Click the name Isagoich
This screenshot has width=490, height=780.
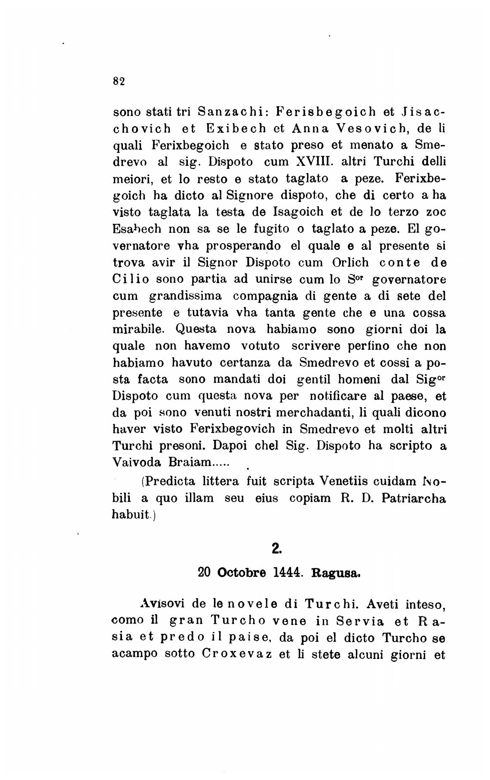298,212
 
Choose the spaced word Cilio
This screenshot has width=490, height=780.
131,279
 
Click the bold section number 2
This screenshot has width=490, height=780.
276,548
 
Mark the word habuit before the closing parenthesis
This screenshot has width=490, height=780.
131,515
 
